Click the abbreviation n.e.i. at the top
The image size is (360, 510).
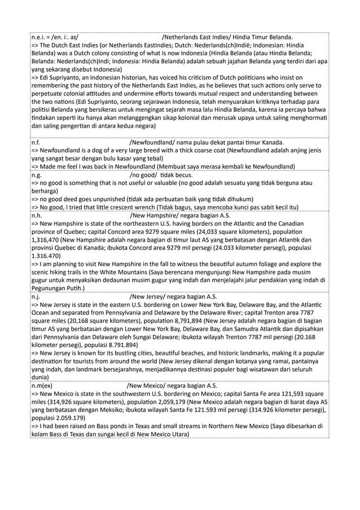(39, 38)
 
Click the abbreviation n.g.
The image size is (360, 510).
(36, 175)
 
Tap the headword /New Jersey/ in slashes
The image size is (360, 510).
(150, 296)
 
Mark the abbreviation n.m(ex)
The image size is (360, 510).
(42, 386)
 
